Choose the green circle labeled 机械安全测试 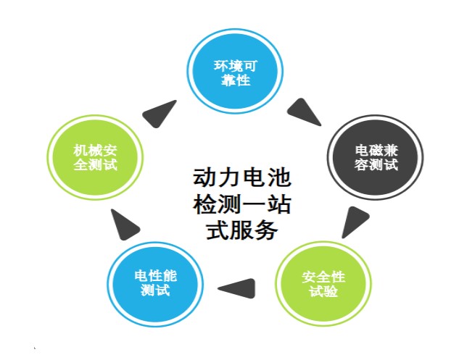[x=95, y=156]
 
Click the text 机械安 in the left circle [x=95, y=149]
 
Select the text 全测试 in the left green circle [x=95, y=164]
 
